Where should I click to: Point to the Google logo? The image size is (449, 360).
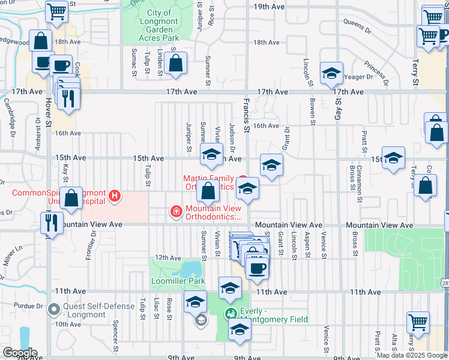[20, 352]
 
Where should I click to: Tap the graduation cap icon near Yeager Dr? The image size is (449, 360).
[331, 73]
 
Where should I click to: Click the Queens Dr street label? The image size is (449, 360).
[358, 23]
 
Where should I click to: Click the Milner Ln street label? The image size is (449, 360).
[13, 252]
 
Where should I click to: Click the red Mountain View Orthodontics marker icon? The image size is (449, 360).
[176, 211]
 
